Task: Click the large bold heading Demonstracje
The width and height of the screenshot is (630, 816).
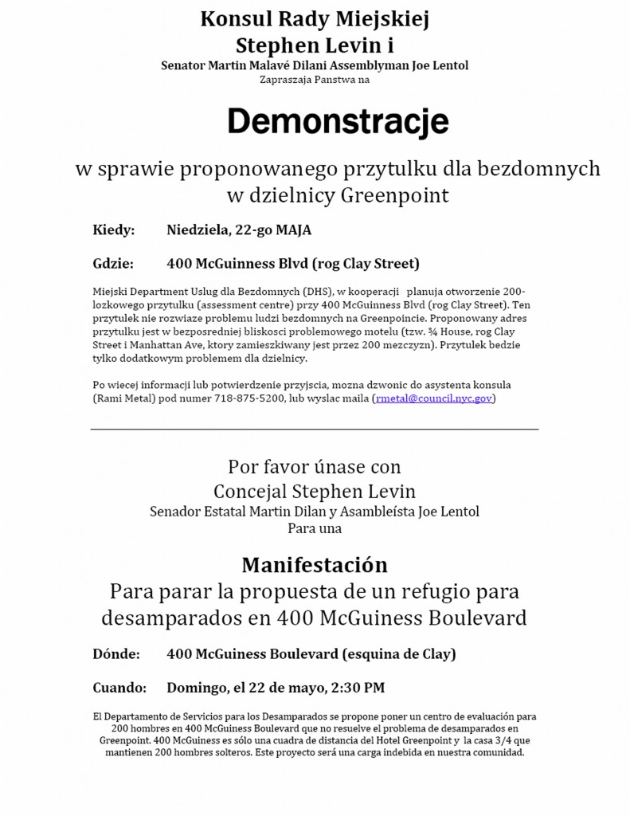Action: tap(338, 123)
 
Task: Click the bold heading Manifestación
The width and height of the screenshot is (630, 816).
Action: tap(315, 565)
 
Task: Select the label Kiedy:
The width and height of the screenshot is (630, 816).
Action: tap(114, 230)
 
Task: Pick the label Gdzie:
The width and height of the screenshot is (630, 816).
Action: tap(115, 263)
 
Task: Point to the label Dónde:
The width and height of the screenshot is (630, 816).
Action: tap(116, 654)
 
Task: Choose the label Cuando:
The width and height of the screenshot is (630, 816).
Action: tap(119, 687)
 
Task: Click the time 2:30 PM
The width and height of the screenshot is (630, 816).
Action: tap(362, 687)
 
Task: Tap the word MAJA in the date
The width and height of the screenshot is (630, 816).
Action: tap(294, 230)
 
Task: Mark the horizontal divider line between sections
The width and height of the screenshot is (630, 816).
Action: tap(315, 430)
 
